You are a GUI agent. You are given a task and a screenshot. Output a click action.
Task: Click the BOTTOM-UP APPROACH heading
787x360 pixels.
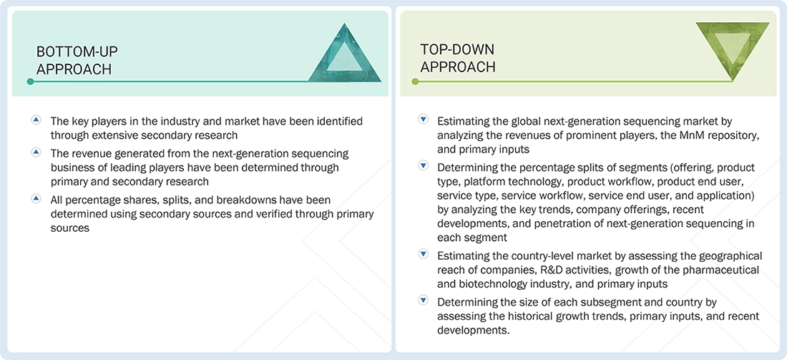point(77,60)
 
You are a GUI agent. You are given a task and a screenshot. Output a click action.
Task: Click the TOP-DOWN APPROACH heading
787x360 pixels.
point(458,58)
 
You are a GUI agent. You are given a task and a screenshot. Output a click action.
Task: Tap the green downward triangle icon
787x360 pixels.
point(733,49)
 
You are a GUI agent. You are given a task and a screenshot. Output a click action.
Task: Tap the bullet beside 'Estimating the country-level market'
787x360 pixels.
point(424,254)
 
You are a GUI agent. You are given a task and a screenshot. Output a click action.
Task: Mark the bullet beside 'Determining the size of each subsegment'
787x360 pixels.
point(424,301)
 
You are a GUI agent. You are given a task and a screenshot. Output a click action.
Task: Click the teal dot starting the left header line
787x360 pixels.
point(30,81)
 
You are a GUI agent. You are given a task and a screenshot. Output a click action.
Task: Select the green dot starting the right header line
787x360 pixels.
point(414,81)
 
